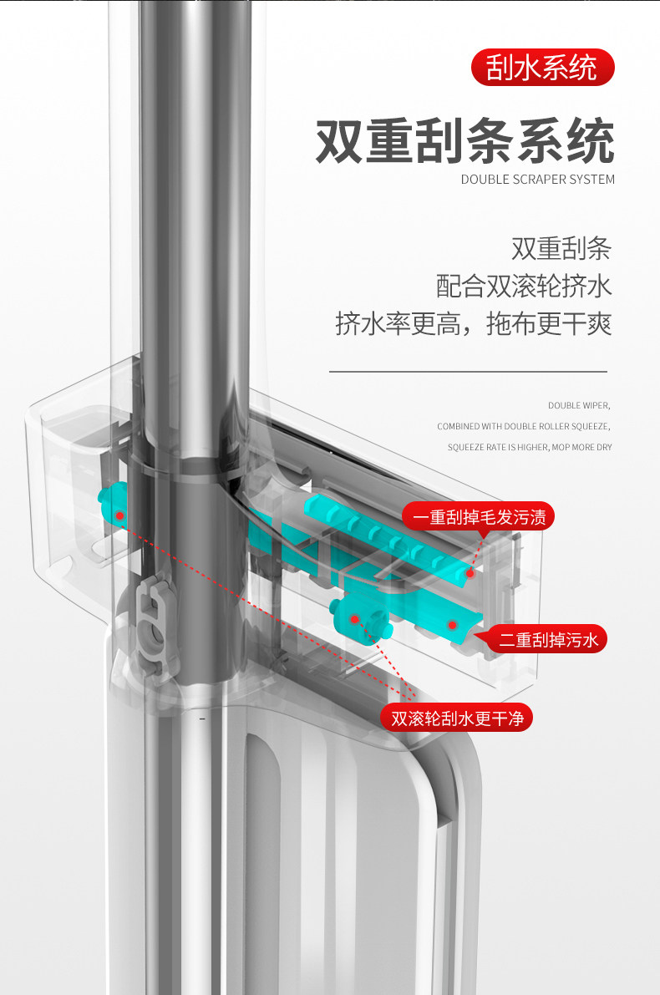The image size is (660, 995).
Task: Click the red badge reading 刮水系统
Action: pos(542,68)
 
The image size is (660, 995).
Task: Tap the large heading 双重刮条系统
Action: pos(465,140)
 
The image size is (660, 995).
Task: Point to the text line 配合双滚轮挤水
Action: pos(524,286)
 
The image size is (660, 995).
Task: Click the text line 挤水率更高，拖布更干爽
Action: pos(474,323)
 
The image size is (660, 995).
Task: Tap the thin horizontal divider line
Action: pos(468,370)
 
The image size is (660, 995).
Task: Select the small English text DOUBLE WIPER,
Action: pos(579,405)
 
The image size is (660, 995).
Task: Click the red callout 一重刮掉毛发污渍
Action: pos(479,517)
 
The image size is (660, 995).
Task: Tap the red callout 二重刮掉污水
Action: pos(548,640)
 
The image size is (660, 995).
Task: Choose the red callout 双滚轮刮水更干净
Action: pos(456,717)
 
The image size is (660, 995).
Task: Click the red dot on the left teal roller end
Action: pos(120,515)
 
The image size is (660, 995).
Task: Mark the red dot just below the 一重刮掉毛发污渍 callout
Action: pos(470,573)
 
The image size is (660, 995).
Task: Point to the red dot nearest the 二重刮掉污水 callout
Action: pos(452,624)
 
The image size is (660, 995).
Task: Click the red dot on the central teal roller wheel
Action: pos(355,619)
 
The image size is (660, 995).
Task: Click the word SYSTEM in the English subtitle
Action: pos(592,179)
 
